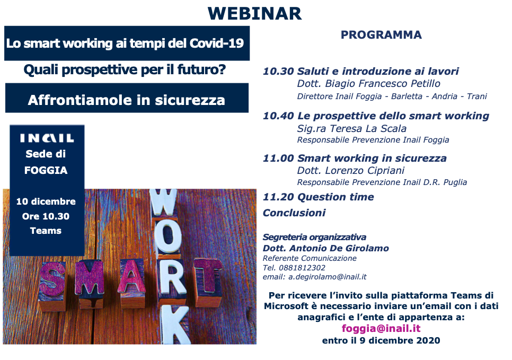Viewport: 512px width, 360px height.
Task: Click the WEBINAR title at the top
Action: (x=254, y=13)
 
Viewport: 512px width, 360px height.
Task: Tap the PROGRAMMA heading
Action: (x=381, y=35)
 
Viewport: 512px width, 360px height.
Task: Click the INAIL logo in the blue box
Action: (x=47, y=138)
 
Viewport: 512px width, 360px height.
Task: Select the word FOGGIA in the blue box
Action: (x=46, y=171)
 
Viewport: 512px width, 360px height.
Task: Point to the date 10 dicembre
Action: (x=46, y=201)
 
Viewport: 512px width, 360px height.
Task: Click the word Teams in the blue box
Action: (x=46, y=231)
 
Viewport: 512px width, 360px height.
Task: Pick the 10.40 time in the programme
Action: (x=278, y=116)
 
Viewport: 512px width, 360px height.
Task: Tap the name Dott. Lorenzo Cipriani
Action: (x=350, y=170)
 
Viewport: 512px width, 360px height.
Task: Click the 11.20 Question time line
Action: (x=319, y=197)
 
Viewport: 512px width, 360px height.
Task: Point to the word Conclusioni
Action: (x=294, y=213)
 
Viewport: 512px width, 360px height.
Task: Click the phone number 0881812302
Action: (x=302, y=268)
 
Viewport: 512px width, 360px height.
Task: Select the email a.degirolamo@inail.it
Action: (x=328, y=277)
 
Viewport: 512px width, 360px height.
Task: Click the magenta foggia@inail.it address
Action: (x=381, y=329)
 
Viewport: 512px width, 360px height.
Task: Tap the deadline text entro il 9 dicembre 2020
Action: (x=381, y=340)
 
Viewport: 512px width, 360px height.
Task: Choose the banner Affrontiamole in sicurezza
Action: (x=127, y=100)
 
